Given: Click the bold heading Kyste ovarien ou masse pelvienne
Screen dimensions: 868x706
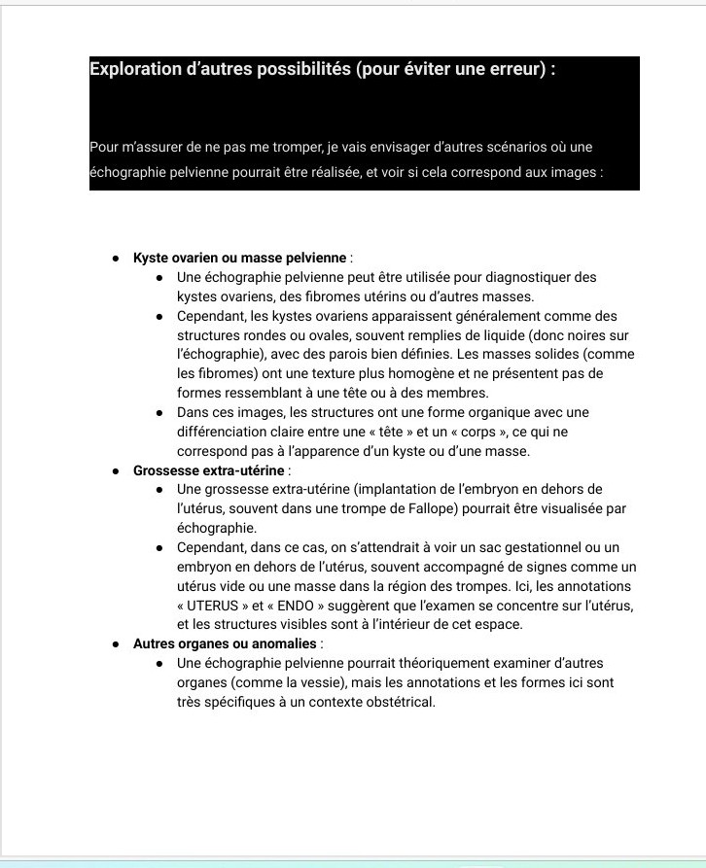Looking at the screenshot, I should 240,258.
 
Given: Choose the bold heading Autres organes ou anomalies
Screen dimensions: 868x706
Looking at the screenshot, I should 225,643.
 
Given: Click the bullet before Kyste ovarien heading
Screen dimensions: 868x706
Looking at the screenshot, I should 116,259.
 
